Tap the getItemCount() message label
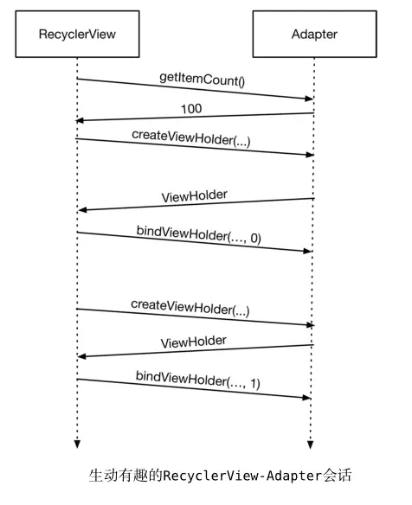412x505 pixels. click(x=203, y=80)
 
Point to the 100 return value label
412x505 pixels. click(x=191, y=109)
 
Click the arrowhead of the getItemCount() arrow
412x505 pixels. click(x=309, y=99)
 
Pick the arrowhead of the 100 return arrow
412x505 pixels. click(x=80, y=120)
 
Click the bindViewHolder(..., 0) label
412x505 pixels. click(x=199, y=234)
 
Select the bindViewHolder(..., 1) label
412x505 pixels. click(x=198, y=380)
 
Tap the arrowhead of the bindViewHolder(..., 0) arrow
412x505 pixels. click(x=307, y=251)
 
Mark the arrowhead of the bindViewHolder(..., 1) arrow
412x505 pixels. click(x=306, y=398)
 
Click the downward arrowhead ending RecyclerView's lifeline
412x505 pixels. click(x=77, y=444)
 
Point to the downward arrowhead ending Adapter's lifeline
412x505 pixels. click(x=310, y=444)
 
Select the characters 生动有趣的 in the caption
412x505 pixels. click(x=126, y=476)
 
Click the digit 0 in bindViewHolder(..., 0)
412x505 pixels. click(x=254, y=239)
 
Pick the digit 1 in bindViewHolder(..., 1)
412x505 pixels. click(x=254, y=384)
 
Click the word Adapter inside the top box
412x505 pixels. click(x=315, y=34)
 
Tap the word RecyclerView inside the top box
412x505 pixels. click(x=77, y=34)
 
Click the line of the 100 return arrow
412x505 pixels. click(x=195, y=117)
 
